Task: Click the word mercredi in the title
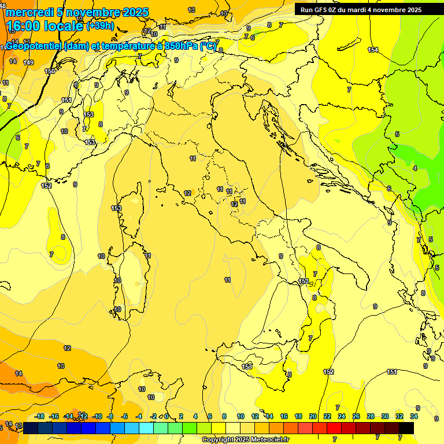click(29, 12)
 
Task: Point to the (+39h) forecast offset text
click(101, 26)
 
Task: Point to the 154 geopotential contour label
click(373, 50)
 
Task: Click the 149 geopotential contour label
click(29, 62)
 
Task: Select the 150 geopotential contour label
click(50, 71)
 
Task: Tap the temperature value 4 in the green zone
click(415, 168)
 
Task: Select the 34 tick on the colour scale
click(414, 416)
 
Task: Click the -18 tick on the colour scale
click(40, 416)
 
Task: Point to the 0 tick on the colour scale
click(166, 416)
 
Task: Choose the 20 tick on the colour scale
click(313, 416)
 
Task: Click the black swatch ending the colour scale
click(406, 428)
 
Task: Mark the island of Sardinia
click(133, 277)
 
